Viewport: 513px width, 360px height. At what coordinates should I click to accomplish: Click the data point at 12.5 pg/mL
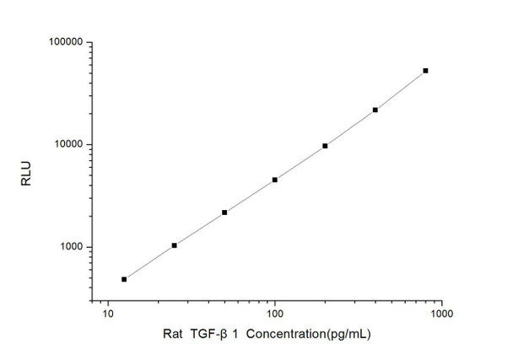point(124,279)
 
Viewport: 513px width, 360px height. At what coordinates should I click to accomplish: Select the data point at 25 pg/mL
point(174,245)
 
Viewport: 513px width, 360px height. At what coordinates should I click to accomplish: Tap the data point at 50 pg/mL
point(224,212)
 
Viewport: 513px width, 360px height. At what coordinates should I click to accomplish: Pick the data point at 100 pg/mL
point(274,180)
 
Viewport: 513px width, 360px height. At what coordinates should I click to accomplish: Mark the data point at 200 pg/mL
point(325,146)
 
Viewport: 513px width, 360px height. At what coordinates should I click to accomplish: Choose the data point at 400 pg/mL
point(375,110)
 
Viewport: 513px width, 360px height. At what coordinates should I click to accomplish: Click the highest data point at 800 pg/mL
point(425,71)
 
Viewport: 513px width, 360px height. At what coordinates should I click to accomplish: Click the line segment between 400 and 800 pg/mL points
point(400,90)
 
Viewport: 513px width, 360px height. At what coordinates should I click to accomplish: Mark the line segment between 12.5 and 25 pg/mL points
point(149,262)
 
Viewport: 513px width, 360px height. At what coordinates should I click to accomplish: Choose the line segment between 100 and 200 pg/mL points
point(300,163)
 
